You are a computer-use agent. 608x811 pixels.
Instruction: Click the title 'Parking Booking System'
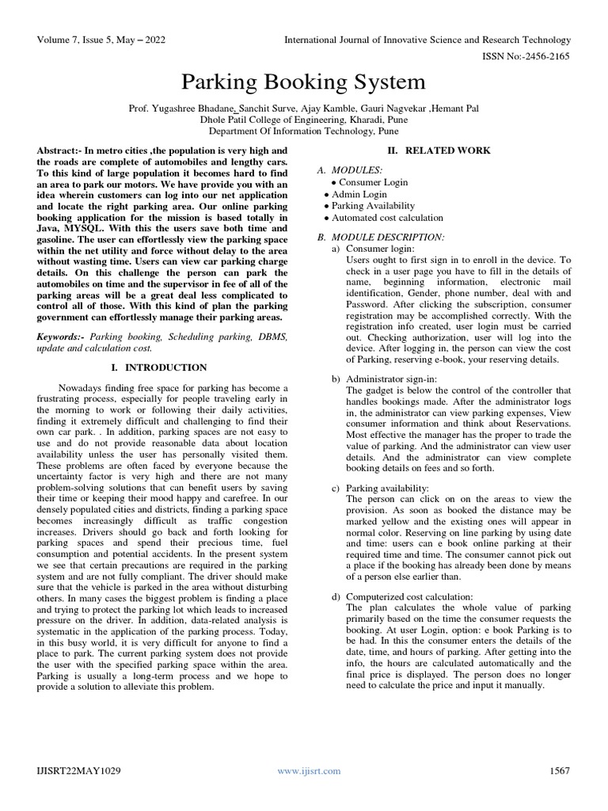tap(304, 82)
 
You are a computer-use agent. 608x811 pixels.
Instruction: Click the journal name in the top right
tap(427, 40)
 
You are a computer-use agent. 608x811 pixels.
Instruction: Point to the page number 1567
tap(558, 771)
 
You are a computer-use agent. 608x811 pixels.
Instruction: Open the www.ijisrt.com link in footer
tap(309, 771)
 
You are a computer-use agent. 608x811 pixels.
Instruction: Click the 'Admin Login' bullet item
tap(359, 194)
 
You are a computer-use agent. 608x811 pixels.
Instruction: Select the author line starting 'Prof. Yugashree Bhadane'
tap(304, 108)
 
